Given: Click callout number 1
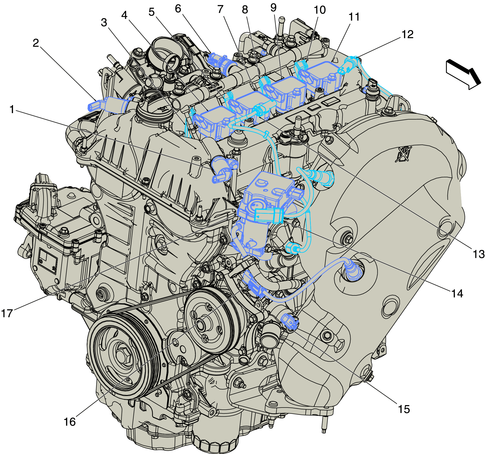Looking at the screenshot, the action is point(12,109).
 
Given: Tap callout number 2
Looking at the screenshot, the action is point(36,43).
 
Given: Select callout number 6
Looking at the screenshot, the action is point(178,9).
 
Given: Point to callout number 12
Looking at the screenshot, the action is point(407,34).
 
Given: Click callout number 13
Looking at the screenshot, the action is point(478,254).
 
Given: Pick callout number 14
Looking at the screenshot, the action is point(457,294).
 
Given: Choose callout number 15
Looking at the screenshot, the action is point(404,409).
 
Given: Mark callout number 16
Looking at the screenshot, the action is point(70,422).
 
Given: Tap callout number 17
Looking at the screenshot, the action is point(7,313).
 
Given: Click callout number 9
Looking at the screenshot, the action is point(273,8).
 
